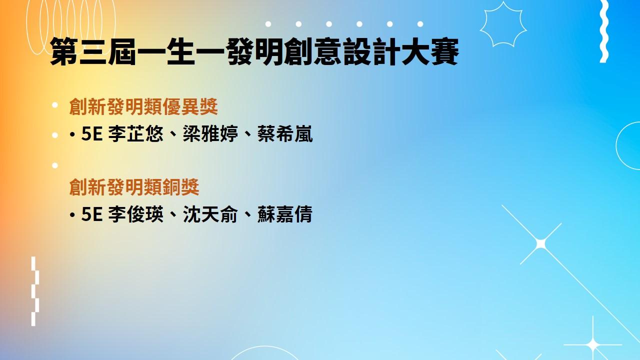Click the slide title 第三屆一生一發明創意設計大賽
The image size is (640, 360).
pos(254,51)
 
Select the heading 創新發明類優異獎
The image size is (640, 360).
pos(143,106)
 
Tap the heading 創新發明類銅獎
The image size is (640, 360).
pos(134,187)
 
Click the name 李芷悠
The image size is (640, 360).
pos(135,133)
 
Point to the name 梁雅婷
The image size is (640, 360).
pos(210,133)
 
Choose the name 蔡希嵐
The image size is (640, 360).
pos(285,133)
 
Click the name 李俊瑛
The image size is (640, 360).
pos(135,214)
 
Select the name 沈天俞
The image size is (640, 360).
pos(210,214)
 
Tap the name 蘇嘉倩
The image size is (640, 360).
pos(285,214)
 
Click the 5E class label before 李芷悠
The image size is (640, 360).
pos(91,133)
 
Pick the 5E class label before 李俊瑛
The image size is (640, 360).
pos(91,214)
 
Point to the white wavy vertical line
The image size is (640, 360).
pos(603,31)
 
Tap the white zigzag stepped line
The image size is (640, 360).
pos(34,291)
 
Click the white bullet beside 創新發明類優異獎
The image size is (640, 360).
pos(55,105)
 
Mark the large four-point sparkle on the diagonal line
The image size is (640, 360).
pos(540,244)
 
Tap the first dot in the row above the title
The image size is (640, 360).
pos(268,24)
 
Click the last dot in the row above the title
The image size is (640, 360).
pos(420,24)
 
